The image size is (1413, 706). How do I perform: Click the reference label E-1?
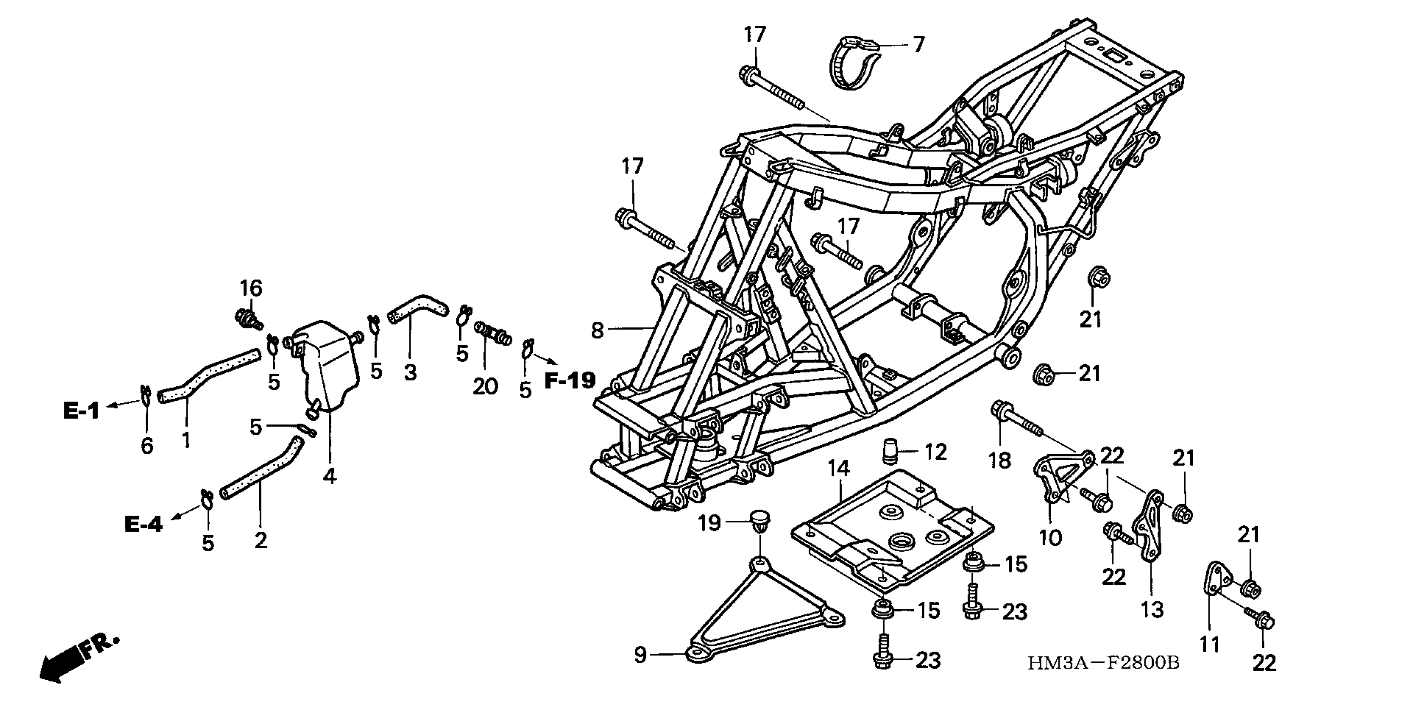[81, 410]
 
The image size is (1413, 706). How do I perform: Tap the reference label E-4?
[144, 525]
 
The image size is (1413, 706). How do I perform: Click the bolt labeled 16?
[248, 319]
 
